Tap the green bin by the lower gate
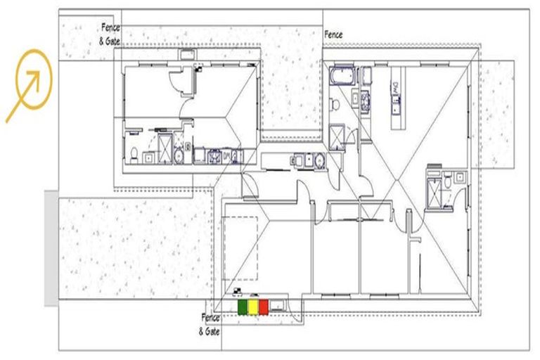click(x=243, y=307)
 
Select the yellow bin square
click(x=253, y=307)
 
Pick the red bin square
click(x=264, y=307)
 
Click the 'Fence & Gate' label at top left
click(x=109, y=34)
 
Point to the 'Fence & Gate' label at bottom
click(x=211, y=323)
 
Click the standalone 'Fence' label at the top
click(x=333, y=34)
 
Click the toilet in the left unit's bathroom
click(x=134, y=154)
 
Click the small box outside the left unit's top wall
click(x=188, y=53)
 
